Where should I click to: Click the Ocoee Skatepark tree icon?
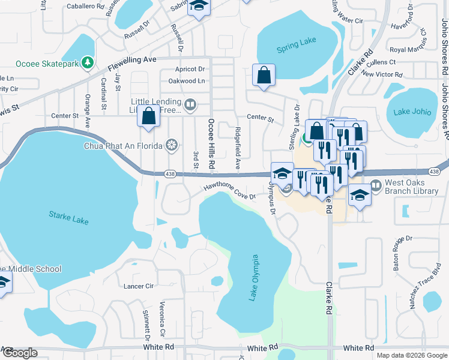pyautogui.click(x=88, y=62)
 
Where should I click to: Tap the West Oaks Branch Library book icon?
pyautogui.click(x=376, y=186)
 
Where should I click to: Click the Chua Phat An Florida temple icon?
pyautogui.click(x=172, y=145)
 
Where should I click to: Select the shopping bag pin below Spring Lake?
pyautogui.click(x=264, y=76)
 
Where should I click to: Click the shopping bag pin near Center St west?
pyautogui.click(x=149, y=115)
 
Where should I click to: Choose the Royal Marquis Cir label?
pyautogui.click(x=411, y=50)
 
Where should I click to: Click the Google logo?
pyautogui.click(x=20, y=353)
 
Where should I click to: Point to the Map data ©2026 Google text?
pyautogui.click(x=411, y=355)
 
